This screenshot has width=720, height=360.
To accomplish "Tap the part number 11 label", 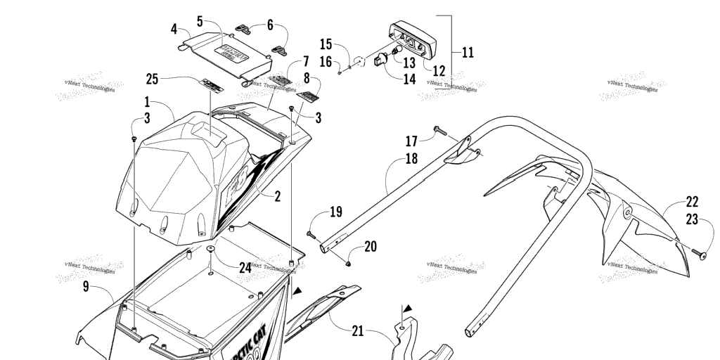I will (468, 52).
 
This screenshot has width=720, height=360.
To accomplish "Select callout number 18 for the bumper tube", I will (411, 159).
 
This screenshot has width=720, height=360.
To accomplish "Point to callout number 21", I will (358, 330).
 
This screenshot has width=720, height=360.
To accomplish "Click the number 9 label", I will (86, 287).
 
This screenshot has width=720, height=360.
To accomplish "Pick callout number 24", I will (245, 267).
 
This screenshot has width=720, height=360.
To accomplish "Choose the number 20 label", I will (370, 246).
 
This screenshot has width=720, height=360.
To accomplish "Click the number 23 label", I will (692, 219).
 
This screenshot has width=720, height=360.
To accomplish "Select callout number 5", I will (200, 21).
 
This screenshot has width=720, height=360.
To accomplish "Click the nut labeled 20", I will (349, 262).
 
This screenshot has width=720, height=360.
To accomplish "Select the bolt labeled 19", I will (312, 234).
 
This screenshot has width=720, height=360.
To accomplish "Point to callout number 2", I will (278, 197).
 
